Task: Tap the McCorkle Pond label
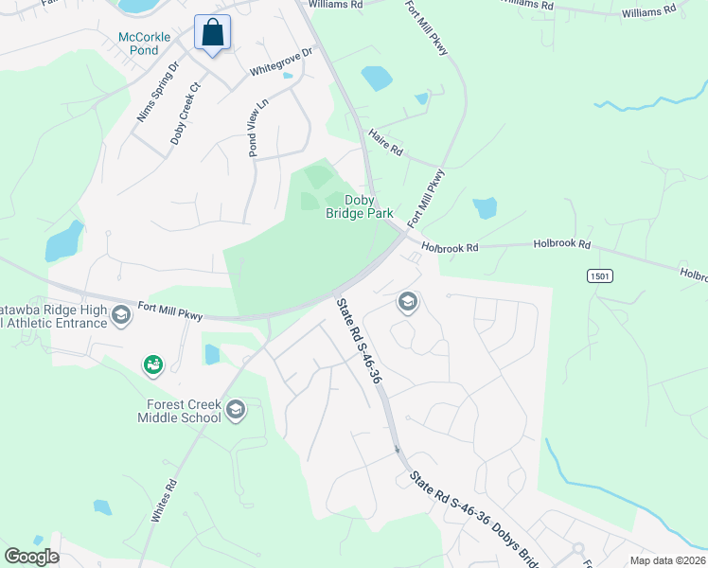tap(145, 44)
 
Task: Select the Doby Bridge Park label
tap(360, 206)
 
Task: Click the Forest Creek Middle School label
tap(179, 411)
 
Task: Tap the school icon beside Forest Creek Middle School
tap(236, 410)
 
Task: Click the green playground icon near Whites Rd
tap(151, 364)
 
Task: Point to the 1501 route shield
tap(597, 275)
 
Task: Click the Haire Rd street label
tap(386, 143)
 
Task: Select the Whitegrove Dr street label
tap(281, 63)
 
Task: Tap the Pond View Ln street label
tap(257, 127)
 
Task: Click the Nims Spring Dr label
tap(158, 92)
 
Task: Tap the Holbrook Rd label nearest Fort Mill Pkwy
tap(451, 247)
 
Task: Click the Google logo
tap(31, 557)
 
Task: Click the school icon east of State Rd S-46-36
tap(408, 302)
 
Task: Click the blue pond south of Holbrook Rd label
tap(484, 207)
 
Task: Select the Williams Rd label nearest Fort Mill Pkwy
tap(336, 5)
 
